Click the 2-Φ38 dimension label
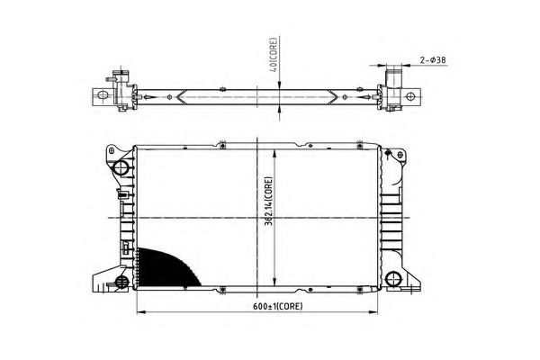[433, 60]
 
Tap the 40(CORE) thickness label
[274, 54]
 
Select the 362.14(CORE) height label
[268, 202]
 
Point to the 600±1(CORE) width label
[278, 306]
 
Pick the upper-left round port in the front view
[121, 167]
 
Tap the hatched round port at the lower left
[121, 282]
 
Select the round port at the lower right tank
[392, 279]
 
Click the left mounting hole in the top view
[102, 94]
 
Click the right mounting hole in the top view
[410, 96]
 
